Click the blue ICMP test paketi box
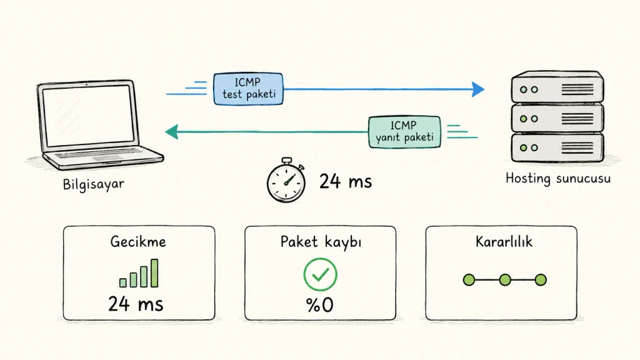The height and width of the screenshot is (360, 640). (x=248, y=89)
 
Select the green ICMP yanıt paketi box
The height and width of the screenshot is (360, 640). (x=404, y=132)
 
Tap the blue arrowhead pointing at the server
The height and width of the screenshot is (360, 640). (x=478, y=89)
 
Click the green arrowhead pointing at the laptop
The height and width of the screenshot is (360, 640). (x=172, y=132)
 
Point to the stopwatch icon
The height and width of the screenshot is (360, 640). (x=286, y=180)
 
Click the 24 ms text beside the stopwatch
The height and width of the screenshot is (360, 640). (x=346, y=181)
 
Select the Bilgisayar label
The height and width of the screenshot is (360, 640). (x=94, y=184)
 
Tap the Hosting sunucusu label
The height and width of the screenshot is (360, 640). (x=558, y=178)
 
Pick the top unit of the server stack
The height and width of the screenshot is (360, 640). (x=557, y=87)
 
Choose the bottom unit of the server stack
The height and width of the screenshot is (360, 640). (x=557, y=147)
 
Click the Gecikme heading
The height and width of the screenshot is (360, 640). (x=138, y=242)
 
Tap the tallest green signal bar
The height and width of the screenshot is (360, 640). (x=154, y=272)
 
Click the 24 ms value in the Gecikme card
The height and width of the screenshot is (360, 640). (x=136, y=304)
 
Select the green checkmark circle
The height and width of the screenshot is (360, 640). (x=321, y=274)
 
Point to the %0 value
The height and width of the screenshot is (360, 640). (x=319, y=304)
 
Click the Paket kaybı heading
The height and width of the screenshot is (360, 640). (x=321, y=242)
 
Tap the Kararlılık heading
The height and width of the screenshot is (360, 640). (x=504, y=242)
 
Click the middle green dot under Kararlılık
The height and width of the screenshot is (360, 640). (x=505, y=279)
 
